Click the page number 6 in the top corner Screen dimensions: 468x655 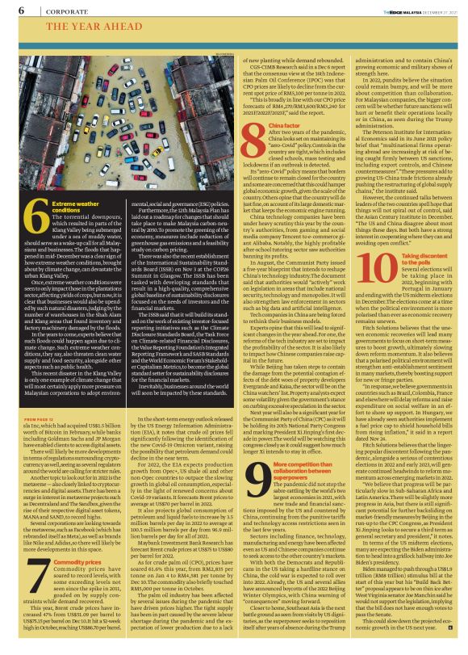click(21, 10)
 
